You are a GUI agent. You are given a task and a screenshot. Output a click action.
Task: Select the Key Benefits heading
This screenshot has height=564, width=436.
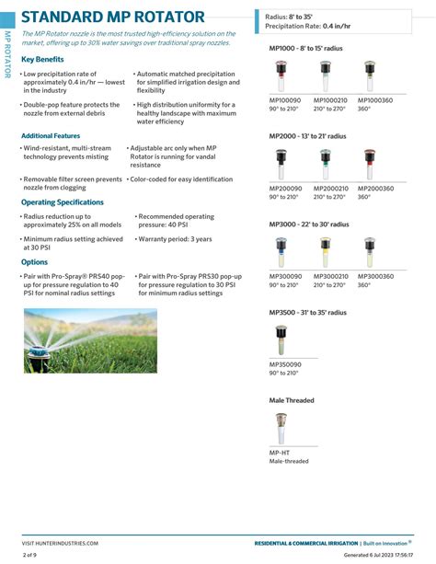(x=42, y=59)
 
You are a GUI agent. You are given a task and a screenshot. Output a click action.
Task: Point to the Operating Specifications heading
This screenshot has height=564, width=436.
(x=63, y=201)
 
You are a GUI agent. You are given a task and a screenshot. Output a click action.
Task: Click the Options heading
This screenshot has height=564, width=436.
(x=34, y=262)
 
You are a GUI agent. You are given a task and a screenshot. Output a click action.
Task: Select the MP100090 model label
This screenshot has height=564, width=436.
(x=284, y=99)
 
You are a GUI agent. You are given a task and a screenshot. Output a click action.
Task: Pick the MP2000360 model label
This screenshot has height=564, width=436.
(x=375, y=189)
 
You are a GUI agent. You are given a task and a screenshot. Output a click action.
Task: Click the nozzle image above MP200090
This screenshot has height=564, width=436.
(x=281, y=165)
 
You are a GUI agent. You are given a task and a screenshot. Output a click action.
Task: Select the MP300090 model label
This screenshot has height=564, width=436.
(x=284, y=276)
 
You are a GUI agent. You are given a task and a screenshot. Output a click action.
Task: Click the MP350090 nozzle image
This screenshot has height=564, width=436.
(x=281, y=341)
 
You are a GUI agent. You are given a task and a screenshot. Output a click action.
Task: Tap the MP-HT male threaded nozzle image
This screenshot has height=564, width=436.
(x=281, y=428)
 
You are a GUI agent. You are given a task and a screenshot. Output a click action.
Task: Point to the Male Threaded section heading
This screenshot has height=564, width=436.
(x=292, y=400)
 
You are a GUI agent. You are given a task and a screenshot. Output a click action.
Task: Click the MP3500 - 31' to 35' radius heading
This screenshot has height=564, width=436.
(x=308, y=313)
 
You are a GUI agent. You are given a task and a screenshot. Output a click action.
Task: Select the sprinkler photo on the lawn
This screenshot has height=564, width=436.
(x=90, y=340)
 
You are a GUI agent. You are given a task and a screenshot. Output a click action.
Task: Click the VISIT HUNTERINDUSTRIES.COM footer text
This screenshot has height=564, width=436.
(x=60, y=543)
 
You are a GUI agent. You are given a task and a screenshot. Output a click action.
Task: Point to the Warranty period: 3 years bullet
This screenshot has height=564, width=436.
(x=175, y=239)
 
